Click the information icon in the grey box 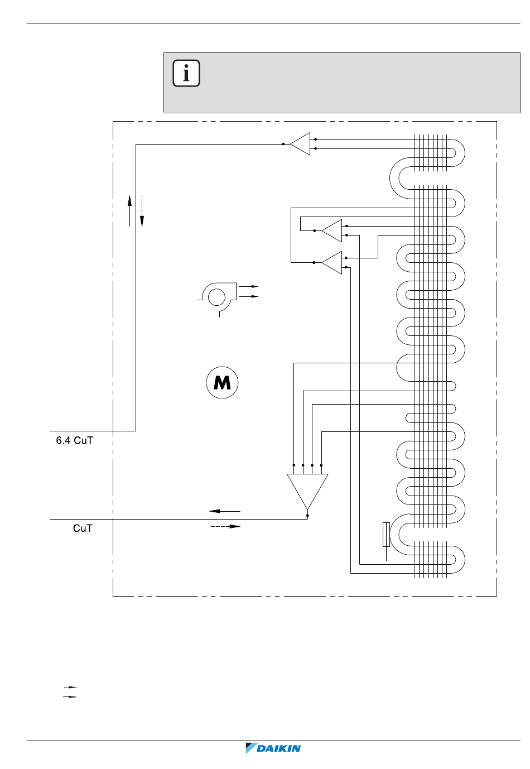click(x=186, y=73)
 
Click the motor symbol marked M click(x=222, y=382)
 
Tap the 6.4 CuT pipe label click(x=75, y=440)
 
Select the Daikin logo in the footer click(x=273, y=748)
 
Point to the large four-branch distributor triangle click(x=307, y=492)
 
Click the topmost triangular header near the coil click(x=300, y=144)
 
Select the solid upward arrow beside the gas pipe click(x=130, y=211)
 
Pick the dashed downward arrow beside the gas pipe click(x=142, y=211)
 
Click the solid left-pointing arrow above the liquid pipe click(x=225, y=511)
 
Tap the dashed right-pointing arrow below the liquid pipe click(x=225, y=526)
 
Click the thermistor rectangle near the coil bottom click(x=386, y=535)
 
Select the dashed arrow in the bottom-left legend click(x=70, y=688)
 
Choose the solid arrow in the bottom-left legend click(x=70, y=697)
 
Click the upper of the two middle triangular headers click(x=332, y=230)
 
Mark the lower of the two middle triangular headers click(x=332, y=263)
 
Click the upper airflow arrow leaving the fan click(x=248, y=286)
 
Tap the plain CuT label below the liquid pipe click(x=83, y=528)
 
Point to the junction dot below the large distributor click(x=307, y=516)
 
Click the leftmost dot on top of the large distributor click(x=294, y=465)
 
